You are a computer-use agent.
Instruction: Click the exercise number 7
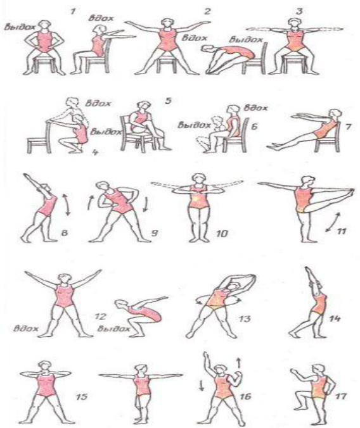348,127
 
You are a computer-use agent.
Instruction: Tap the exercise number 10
222,234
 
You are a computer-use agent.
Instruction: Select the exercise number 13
245,318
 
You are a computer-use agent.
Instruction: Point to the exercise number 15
82,396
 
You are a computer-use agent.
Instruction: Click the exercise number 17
340,396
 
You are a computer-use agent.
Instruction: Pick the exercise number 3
299,11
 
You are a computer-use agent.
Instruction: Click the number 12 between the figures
100,317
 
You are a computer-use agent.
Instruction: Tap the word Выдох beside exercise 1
20,27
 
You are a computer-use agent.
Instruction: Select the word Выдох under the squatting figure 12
113,329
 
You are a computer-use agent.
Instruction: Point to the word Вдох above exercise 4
98,103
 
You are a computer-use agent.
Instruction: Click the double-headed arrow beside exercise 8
67,205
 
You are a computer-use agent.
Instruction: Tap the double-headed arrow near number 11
333,222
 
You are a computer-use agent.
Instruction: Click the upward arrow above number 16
239,363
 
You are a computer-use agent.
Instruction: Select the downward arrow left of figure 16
202,386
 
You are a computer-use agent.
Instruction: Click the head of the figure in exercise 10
199,179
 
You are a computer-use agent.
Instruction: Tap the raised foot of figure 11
350,192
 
